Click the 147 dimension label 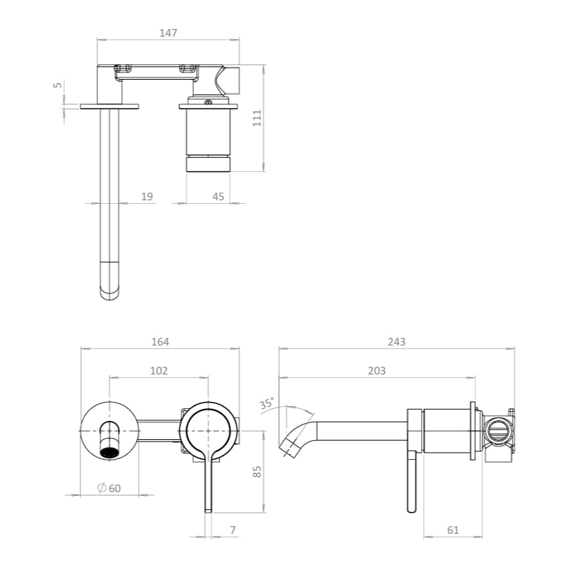tap(169, 32)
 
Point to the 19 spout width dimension tap(147, 197)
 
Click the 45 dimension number tap(218, 197)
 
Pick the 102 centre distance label tap(159, 371)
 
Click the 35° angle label tap(267, 403)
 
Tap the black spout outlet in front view tap(110, 452)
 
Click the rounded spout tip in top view tap(110, 288)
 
